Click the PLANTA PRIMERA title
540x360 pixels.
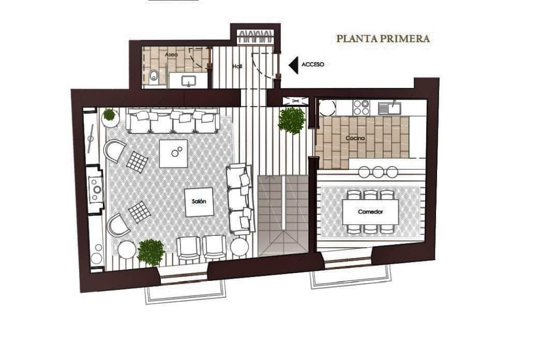click(x=383, y=39)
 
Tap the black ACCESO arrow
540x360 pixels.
click(x=293, y=65)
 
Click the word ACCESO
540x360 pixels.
click(x=313, y=65)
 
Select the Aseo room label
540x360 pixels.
click(x=171, y=55)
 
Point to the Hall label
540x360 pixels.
click(x=237, y=66)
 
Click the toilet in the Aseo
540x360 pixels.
click(x=154, y=77)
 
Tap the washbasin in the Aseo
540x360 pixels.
click(x=189, y=82)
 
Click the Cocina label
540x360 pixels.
click(x=355, y=138)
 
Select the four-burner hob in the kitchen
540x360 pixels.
click(x=361, y=107)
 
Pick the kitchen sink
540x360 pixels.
click(x=389, y=108)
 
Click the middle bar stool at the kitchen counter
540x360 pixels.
click(x=378, y=172)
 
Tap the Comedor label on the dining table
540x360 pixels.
click(x=370, y=212)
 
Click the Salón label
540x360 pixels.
click(x=199, y=202)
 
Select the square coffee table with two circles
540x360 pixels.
click(x=174, y=153)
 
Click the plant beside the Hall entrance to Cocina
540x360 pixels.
click(x=292, y=120)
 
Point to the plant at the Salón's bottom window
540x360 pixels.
click(x=151, y=252)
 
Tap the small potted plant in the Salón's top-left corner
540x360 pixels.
click(x=110, y=115)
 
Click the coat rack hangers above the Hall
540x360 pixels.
click(x=255, y=37)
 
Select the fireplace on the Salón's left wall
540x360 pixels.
click(x=95, y=190)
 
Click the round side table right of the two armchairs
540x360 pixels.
click(x=239, y=247)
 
